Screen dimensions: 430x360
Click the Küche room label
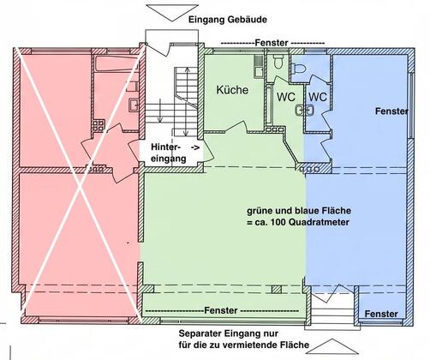click(x=232, y=90)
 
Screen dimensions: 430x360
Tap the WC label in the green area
click(x=286, y=97)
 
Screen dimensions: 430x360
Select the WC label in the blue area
click(x=318, y=97)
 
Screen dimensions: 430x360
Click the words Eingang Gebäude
click(x=228, y=20)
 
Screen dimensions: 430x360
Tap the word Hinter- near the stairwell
click(x=165, y=147)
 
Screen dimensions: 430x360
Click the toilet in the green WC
click(x=278, y=62)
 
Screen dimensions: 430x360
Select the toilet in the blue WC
click(x=297, y=69)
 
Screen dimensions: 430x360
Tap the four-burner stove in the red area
click(x=98, y=126)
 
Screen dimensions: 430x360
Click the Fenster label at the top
click(x=272, y=43)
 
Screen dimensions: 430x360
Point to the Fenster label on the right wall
click(x=391, y=111)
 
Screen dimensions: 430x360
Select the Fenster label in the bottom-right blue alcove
click(x=381, y=314)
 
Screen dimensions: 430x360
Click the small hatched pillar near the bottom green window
click(x=277, y=290)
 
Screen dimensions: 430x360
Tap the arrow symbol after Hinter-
click(x=195, y=147)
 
